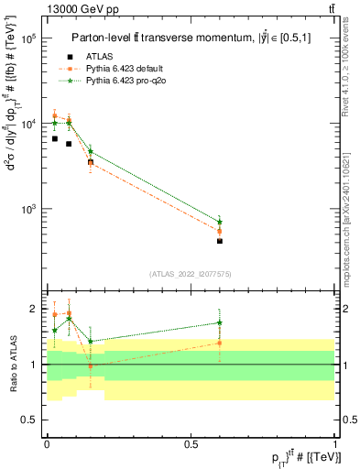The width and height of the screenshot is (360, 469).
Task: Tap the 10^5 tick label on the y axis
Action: click(27, 38)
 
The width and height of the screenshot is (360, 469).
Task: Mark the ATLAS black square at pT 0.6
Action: click(220, 241)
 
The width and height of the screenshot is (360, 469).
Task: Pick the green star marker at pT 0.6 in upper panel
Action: click(220, 222)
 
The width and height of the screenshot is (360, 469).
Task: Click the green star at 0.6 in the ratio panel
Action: click(220, 322)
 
